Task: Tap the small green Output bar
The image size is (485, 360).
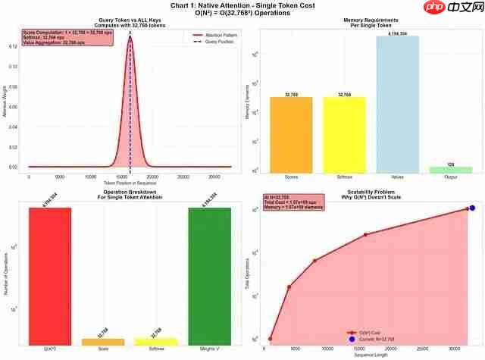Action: [450, 169]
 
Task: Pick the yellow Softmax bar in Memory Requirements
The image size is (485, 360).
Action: [344, 134]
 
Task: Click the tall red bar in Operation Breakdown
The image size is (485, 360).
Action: [50, 274]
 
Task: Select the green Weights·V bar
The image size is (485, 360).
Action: [209, 274]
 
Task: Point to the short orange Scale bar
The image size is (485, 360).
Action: [103, 341]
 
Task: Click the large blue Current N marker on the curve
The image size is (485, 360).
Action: [472, 208]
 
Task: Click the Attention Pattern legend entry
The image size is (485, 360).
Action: [213, 35]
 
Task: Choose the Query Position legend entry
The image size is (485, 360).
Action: [213, 41]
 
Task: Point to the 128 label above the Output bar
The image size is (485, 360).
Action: [450, 163]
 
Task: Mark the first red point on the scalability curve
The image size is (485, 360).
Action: [271, 339]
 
